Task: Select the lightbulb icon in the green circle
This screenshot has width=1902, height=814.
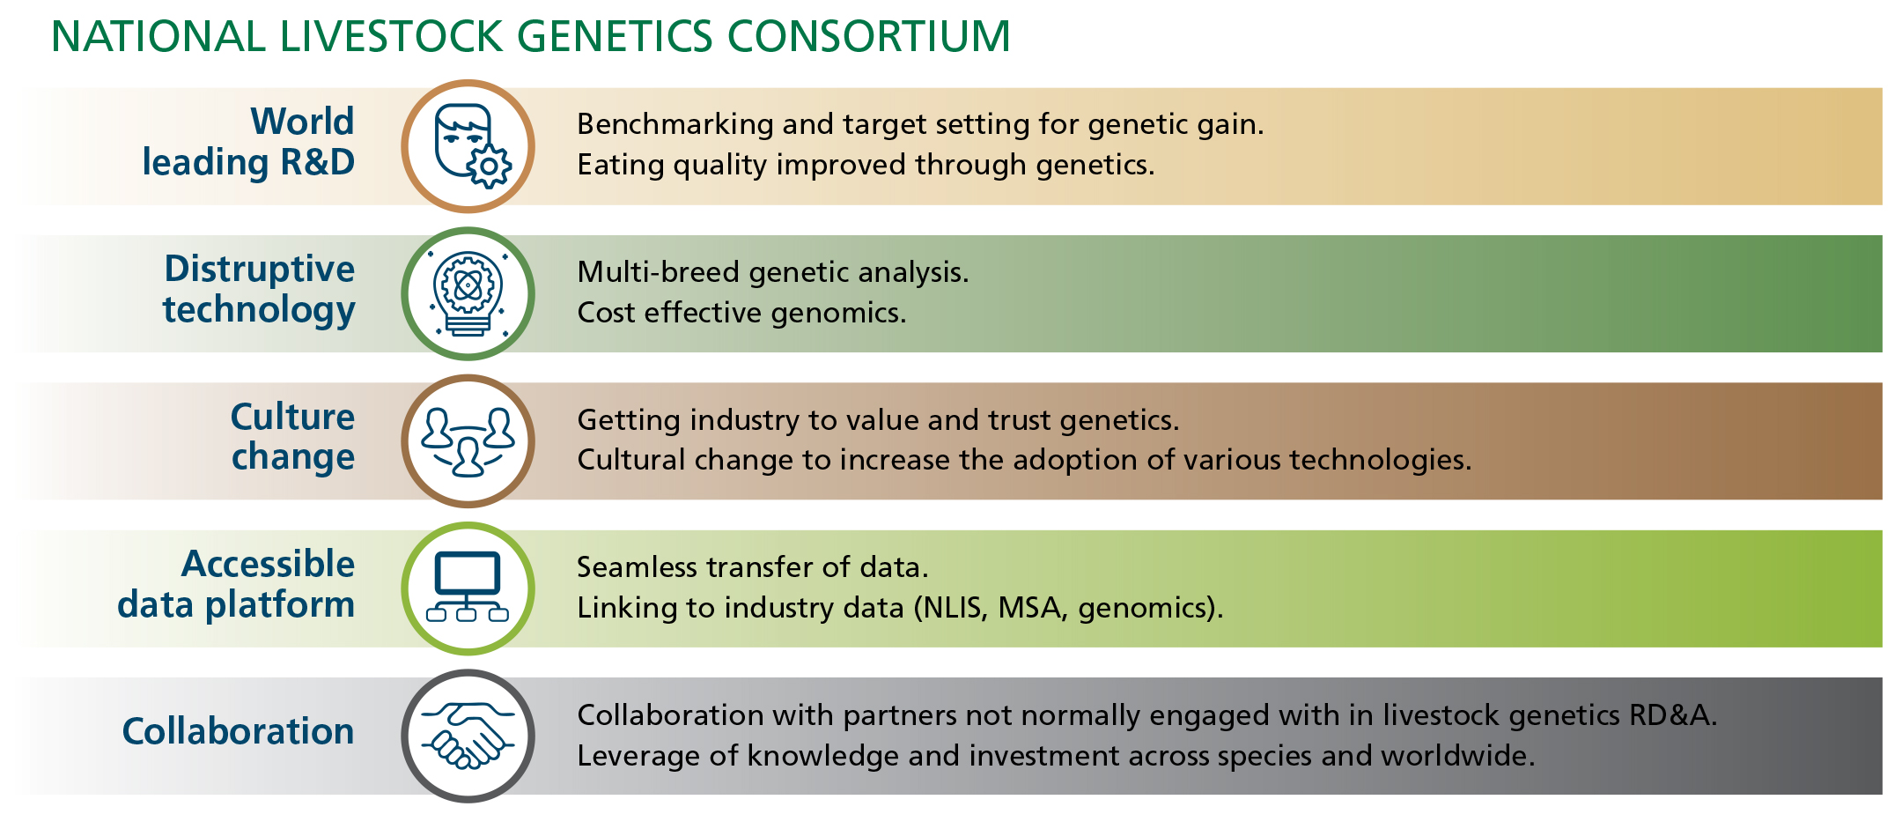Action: point(468,293)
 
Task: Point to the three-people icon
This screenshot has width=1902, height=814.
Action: point(468,440)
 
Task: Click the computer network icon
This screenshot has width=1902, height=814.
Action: point(468,587)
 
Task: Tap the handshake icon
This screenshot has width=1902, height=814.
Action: point(468,735)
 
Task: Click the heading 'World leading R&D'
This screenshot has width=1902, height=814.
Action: point(248,142)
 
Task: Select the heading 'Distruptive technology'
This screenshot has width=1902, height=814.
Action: point(259,290)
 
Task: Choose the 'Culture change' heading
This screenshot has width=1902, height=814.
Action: point(292,437)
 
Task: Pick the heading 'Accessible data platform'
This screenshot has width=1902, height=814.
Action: point(236,584)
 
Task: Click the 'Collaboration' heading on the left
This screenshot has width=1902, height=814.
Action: point(238,731)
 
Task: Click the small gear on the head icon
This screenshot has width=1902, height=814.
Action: point(489,166)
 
